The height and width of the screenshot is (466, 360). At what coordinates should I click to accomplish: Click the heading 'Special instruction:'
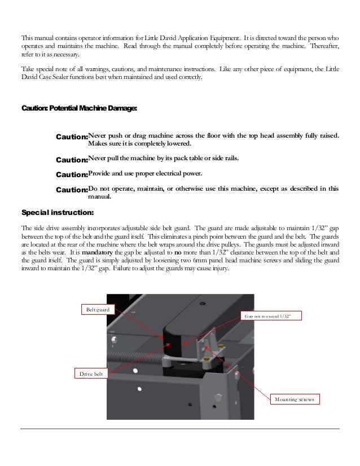click(x=58, y=213)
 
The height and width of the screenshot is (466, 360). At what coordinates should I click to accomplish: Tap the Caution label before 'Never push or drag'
click(x=72, y=137)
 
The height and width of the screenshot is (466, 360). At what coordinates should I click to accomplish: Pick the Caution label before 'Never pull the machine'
click(x=72, y=160)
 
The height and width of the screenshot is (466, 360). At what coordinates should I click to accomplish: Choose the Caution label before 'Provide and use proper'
click(x=72, y=175)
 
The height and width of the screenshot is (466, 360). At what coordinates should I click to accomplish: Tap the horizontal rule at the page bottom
click(x=180, y=429)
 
